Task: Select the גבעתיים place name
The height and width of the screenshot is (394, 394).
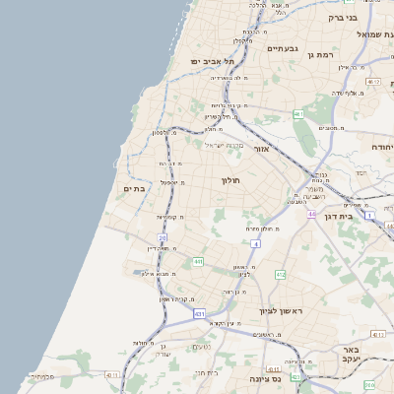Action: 282,47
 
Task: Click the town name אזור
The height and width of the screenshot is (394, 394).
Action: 261,149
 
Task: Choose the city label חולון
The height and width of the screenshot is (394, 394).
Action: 230,181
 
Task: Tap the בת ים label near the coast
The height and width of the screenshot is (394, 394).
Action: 134,187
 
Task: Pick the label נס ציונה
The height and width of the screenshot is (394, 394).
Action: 265,378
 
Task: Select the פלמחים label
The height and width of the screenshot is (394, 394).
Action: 40,376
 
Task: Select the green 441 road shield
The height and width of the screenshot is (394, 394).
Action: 198,261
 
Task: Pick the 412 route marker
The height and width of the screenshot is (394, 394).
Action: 281,274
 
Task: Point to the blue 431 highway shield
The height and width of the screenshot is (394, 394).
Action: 199,313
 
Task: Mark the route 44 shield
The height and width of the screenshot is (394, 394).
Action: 256,242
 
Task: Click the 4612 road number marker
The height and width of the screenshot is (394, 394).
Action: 371,82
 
